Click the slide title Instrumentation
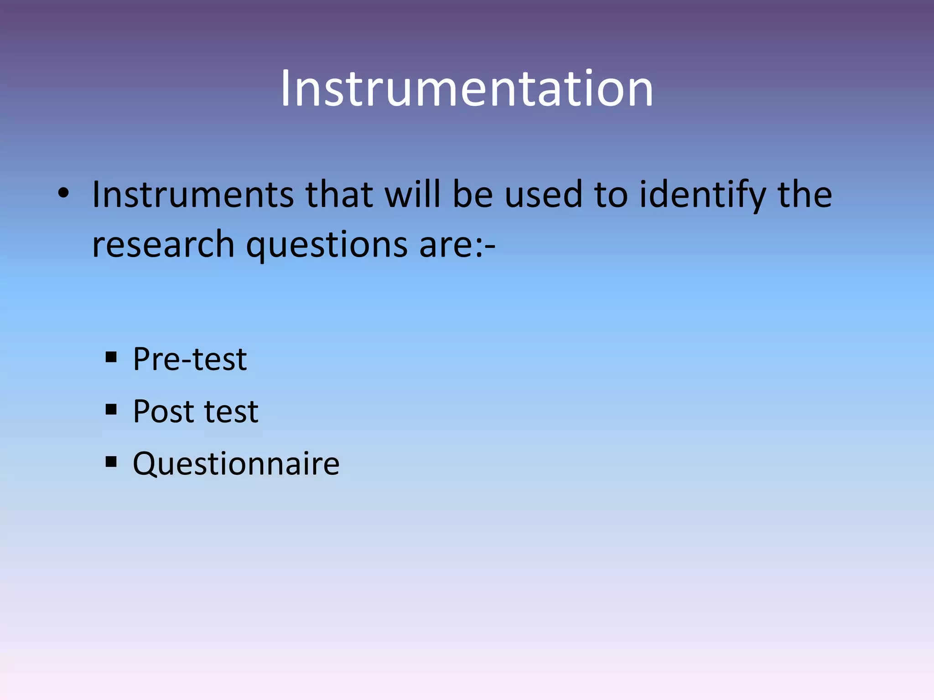click(467, 89)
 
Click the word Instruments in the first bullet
click(193, 195)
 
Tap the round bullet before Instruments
click(63, 194)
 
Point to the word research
click(163, 245)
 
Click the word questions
click(327, 245)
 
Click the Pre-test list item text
click(190, 359)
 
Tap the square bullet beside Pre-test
click(111, 357)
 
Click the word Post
click(163, 412)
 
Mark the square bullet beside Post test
click(111, 409)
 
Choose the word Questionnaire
click(236, 463)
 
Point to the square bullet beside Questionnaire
click(111, 462)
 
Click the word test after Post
click(231, 412)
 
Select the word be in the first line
click(472, 195)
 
